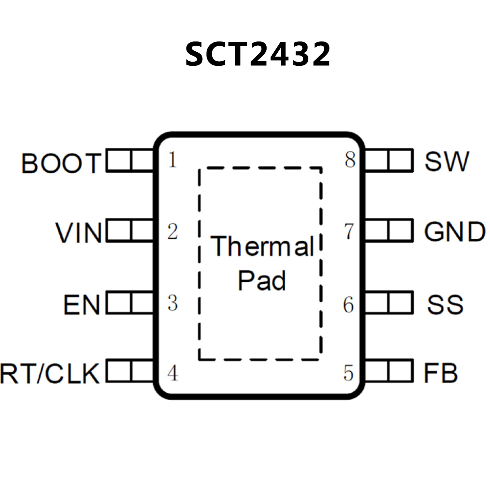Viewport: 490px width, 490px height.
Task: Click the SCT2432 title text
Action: tap(258, 54)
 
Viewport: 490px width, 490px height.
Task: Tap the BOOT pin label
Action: tap(61, 163)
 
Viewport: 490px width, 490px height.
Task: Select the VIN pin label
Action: tap(79, 233)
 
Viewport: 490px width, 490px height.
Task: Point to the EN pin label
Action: tap(82, 305)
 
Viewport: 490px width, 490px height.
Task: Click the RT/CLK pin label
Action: tap(49, 373)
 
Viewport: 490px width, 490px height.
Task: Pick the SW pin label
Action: tap(447, 162)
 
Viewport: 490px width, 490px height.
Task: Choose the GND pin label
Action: tap(455, 231)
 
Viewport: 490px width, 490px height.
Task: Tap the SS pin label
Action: tap(445, 305)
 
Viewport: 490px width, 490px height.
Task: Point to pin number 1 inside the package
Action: tap(172, 160)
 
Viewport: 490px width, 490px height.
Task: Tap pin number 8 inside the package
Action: tap(350, 160)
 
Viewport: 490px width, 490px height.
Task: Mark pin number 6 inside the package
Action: tap(349, 305)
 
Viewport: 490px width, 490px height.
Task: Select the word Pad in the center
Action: tap(262, 281)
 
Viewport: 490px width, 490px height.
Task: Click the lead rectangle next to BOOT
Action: tap(130, 161)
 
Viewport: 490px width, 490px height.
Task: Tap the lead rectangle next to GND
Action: tap(389, 230)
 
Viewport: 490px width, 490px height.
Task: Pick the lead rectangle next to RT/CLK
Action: tap(130, 371)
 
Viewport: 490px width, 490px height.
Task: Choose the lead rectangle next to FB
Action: tap(389, 371)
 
